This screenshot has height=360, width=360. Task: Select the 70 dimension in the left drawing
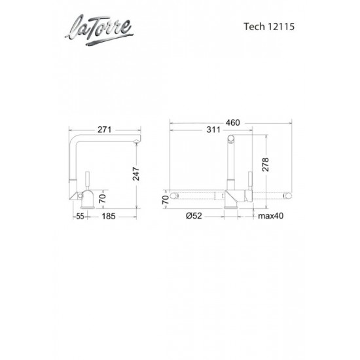coord(102,197)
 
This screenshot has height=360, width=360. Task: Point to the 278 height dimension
coord(264,165)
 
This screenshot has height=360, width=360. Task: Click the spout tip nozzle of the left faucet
coord(137,139)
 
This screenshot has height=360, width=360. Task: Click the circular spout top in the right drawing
coord(230,139)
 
